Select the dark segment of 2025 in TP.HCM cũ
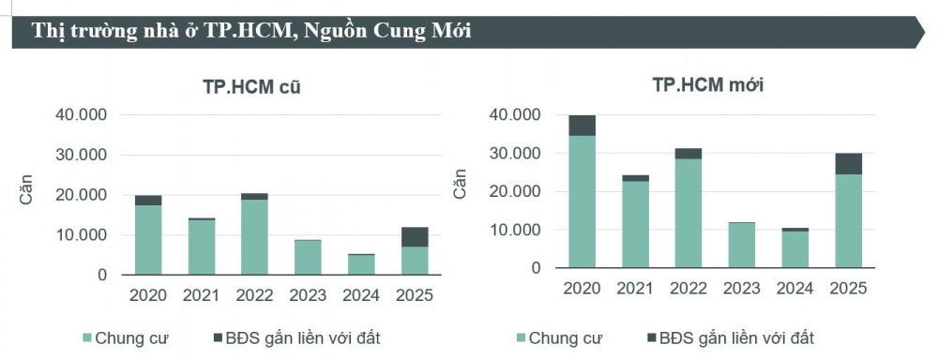pos(415,237)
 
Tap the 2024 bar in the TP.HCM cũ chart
pos(361,264)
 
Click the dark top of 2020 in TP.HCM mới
pos(582,126)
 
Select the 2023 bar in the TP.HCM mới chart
pos(741,245)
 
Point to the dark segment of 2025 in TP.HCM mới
pos(848,164)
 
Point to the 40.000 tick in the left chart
pos(82,115)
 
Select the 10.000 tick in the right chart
pos(516,230)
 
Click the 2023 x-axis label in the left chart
pos(308,295)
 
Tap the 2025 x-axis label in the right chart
pos(848,288)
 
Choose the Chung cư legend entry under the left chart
pos(126,337)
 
